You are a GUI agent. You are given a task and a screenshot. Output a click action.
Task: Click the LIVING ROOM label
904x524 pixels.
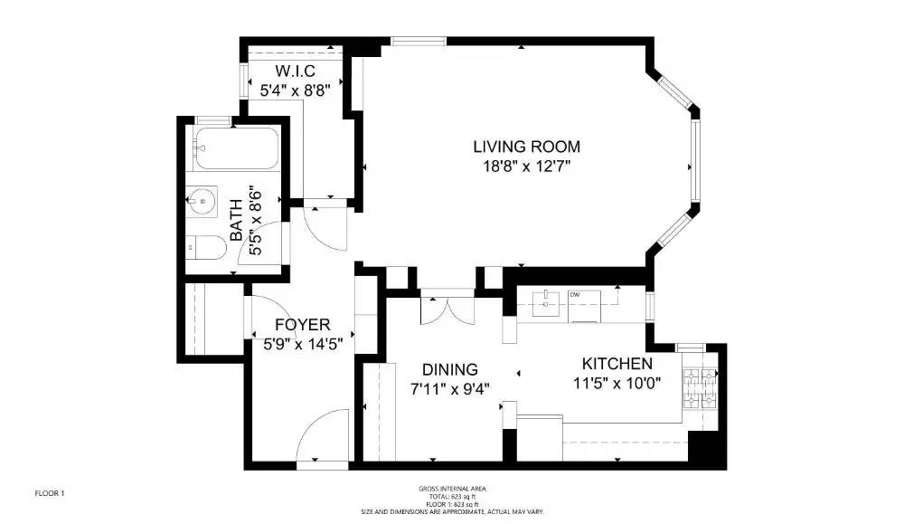coord(527,147)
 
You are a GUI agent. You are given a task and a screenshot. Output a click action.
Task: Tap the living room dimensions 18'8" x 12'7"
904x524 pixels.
coord(527,167)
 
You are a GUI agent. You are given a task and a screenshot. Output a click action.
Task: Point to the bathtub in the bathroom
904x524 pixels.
coord(237,148)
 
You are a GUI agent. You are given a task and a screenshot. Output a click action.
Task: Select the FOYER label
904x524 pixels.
coord(302,325)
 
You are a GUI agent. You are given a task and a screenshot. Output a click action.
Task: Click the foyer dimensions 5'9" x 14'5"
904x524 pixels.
coord(302,344)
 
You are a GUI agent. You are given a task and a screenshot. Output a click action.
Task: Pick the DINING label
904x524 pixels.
coord(449,369)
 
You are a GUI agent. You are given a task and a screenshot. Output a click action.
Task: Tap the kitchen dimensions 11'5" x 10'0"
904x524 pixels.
coord(617,383)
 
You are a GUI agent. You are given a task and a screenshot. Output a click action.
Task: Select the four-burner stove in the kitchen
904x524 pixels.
coord(701,387)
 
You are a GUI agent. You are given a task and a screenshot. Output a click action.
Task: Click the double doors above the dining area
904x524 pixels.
coord(447,310)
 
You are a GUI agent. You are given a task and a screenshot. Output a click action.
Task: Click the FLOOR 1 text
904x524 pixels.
coord(50,493)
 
